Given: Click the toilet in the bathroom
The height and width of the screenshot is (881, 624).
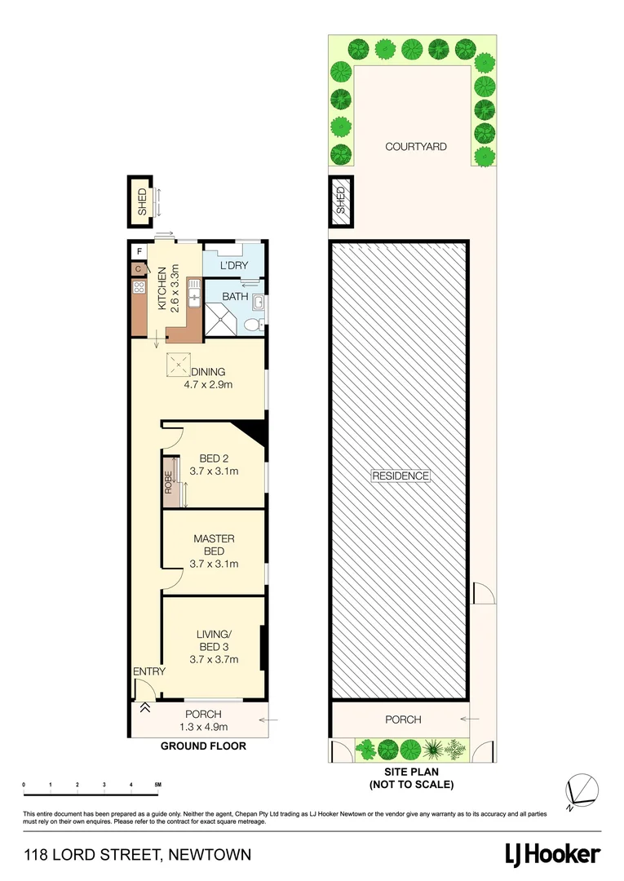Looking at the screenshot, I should click(253, 325).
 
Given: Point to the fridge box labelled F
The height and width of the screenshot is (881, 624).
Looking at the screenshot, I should click(139, 251).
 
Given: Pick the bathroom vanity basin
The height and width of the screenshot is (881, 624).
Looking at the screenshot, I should click(259, 303).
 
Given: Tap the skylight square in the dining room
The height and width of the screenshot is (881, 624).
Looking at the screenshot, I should click(177, 364).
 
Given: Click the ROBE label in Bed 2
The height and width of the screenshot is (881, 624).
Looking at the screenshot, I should click(169, 483).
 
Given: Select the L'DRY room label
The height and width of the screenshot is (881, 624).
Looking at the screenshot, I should click(234, 266).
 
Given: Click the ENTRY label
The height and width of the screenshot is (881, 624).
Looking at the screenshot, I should click(149, 671).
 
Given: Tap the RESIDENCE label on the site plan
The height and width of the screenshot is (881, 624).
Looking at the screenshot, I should click(400, 476).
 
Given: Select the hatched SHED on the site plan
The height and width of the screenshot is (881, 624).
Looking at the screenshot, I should click(340, 201).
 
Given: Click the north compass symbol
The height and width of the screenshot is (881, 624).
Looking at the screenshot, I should click(584, 790).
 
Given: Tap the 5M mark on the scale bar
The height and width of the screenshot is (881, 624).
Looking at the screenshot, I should click(158, 784).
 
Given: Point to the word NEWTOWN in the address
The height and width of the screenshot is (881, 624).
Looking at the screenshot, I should click(210, 855).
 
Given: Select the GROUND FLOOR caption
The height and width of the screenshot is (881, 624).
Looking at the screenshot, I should click(203, 746).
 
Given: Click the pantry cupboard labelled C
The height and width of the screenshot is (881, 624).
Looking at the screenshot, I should click(138, 268).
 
